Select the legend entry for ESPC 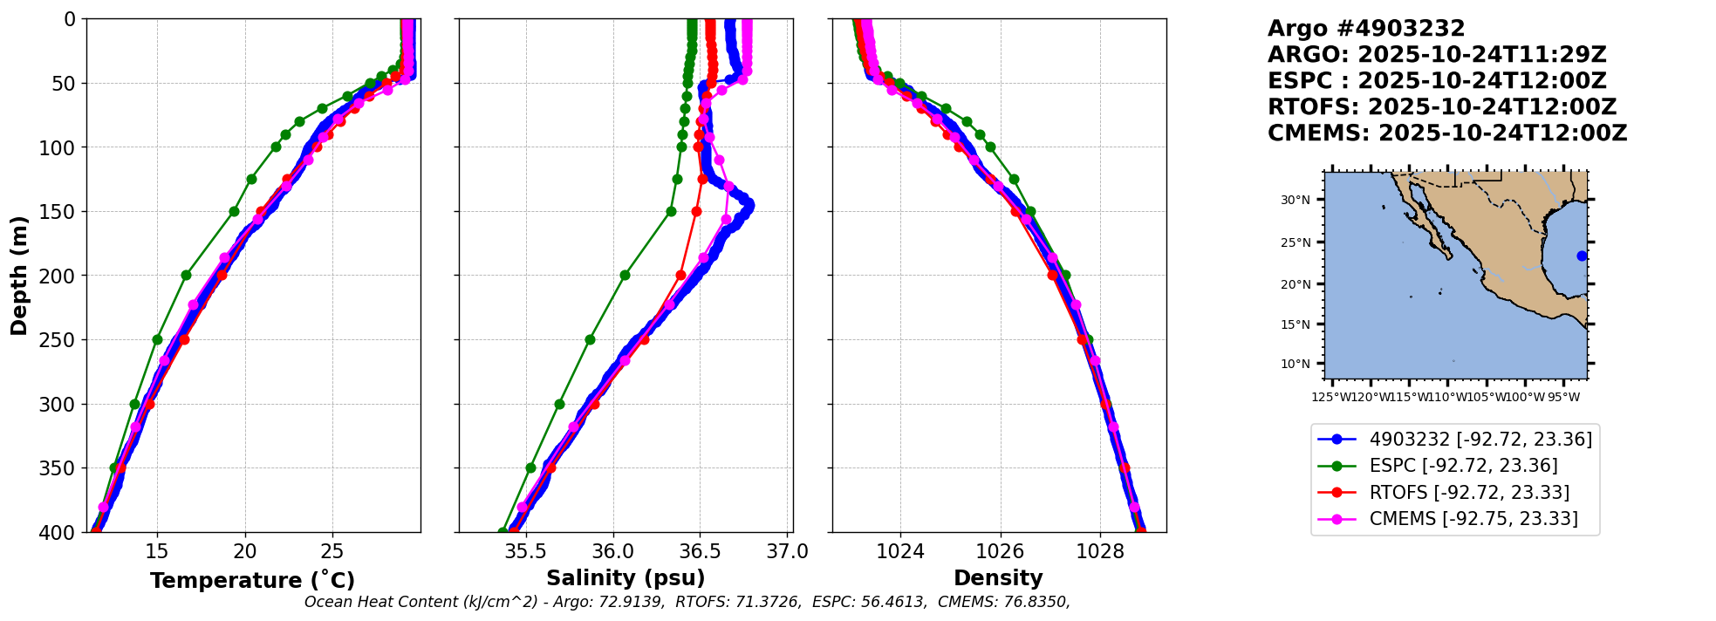1463,466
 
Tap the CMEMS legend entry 1473,519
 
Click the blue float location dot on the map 1582,256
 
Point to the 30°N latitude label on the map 1296,201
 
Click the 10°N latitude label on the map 1296,364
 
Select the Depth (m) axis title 19,276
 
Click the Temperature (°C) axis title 252,581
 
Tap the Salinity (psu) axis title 626,578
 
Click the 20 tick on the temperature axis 245,551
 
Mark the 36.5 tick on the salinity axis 700,551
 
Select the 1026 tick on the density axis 1000,551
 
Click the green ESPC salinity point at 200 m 625,275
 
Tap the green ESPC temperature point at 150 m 234,211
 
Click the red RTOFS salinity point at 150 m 696,211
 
